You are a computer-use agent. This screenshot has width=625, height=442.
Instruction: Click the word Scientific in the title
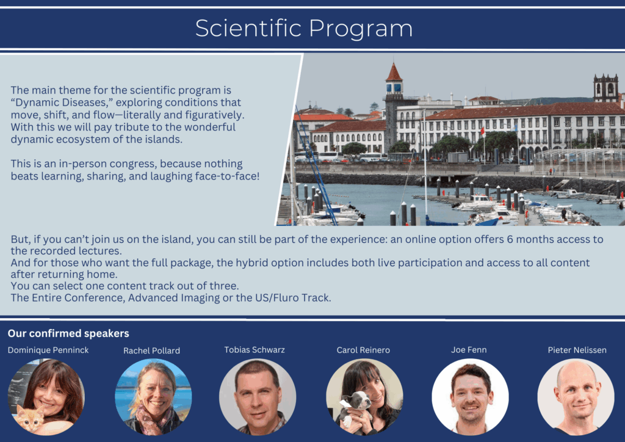(248, 28)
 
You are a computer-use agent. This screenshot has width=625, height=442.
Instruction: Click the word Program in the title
(361, 29)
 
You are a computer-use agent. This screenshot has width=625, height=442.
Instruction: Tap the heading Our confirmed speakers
(68, 333)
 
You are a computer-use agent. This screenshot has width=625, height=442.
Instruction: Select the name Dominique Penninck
(48, 350)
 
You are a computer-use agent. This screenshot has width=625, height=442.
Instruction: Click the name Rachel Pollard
(151, 350)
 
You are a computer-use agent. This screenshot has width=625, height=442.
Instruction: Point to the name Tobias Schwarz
(255, 350)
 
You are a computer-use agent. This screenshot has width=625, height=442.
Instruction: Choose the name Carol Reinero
(363, 350)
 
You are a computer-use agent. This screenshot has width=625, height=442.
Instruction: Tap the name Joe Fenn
(469, 350)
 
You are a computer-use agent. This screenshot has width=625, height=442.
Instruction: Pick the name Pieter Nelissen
(577, 350)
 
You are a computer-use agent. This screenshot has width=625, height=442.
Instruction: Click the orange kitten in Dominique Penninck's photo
(31, 418)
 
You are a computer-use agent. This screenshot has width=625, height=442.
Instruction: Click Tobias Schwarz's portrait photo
(258, 397)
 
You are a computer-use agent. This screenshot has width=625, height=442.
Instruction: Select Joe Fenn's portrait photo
(470, 397)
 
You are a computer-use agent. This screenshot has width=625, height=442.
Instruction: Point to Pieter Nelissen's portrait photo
(576, 397)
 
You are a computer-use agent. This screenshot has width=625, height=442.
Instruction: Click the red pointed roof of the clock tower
(394, 73)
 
